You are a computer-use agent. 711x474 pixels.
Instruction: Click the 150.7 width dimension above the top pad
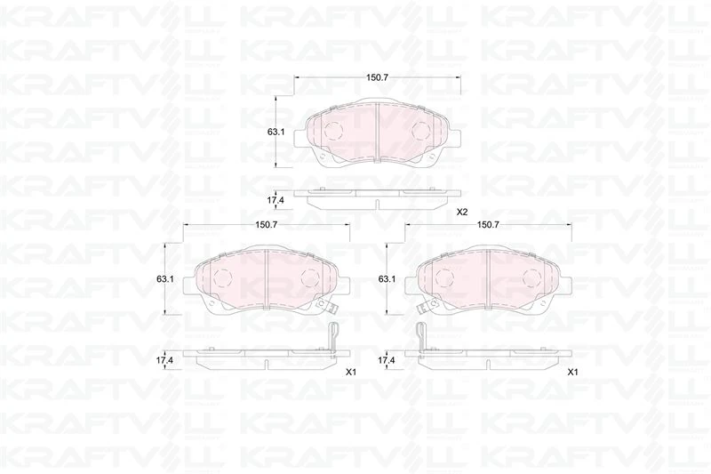click(377, 78)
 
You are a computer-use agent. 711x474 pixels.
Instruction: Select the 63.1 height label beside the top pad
click(276, 133)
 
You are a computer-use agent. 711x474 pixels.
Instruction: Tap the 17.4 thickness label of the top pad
click(276, 198)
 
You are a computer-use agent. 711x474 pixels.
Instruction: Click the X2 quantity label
click(461, 213)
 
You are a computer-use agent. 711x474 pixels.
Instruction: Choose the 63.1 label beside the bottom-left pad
click(164, 279)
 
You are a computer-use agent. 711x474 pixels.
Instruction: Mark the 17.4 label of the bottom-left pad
click(164, 360)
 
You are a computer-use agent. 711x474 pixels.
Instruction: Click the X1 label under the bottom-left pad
click(350, 372)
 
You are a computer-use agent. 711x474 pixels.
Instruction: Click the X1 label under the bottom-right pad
click(572, 372)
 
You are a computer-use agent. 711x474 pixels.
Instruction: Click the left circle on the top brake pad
click(333, 130)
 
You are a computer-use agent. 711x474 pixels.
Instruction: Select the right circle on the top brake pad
click(421, 130)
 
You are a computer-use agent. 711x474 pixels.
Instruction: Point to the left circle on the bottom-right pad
click(445, 277)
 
